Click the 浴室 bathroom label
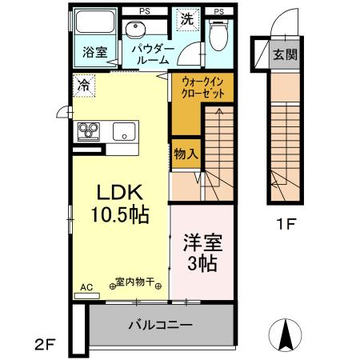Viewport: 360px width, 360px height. [95, 53]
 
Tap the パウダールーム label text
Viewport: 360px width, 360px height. [150, 53]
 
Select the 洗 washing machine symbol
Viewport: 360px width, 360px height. [186, 16]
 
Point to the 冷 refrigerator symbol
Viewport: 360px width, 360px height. [82, 83]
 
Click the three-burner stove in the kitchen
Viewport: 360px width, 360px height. [88, 130]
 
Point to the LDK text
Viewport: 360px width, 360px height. [119, 193]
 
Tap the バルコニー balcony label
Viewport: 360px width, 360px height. [160, 326]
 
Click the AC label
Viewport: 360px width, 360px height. [86, 286]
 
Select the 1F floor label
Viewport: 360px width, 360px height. [286, 225]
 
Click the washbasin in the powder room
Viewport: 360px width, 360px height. [137, 30]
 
